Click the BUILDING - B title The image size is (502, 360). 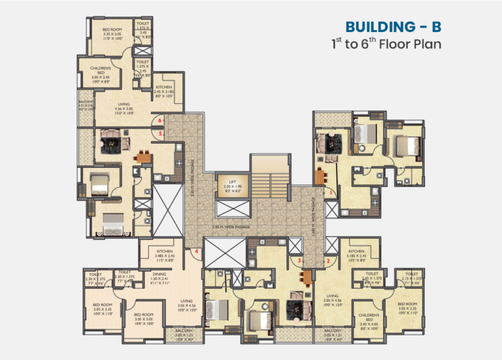pyautogui.click(x=393, y=27)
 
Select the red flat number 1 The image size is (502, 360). pyautogui.click(x=331, y=193)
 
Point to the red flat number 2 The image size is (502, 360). pyautogui.click(x=328, y=262)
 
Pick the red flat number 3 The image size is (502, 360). pyautogui.click(x=299, y=261)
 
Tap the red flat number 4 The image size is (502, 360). pyautogui.click(x=196, y=251)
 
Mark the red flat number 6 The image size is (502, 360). pyautogui.click(x=161, y=121)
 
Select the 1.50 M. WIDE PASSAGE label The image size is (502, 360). pyautogui.click(x=231, y=227)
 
